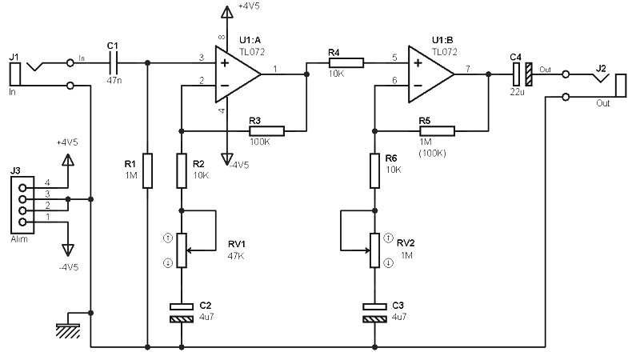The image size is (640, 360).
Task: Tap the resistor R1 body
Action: [x=148, y=170]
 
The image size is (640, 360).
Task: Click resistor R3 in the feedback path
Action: [x=266, y=131]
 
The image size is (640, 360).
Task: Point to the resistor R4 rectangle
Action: [x=346, y=62]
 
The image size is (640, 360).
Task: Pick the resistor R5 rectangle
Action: [x=437, y=131]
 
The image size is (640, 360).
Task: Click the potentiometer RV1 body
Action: [x=182, y=250]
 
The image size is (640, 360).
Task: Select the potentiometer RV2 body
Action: [x=374, y=250]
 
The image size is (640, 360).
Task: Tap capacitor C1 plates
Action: [x=113, y=63]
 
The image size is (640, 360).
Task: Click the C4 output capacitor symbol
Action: [x=522, y=74]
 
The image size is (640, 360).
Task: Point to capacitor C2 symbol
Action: [x=182, y=313]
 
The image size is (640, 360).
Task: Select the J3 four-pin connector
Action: [x=22, y=205]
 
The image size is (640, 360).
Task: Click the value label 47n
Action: [x=114, y=81]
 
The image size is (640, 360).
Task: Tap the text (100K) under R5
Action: [x=432, y=154]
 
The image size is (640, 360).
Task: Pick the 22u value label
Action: [x=517, y=92]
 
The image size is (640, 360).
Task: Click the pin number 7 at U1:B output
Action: [x=468, y=69]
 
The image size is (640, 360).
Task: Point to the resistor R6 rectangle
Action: [x=374, y=170]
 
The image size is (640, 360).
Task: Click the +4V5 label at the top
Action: [x=249, y=6]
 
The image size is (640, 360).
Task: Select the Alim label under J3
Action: [x=19, y=239]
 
